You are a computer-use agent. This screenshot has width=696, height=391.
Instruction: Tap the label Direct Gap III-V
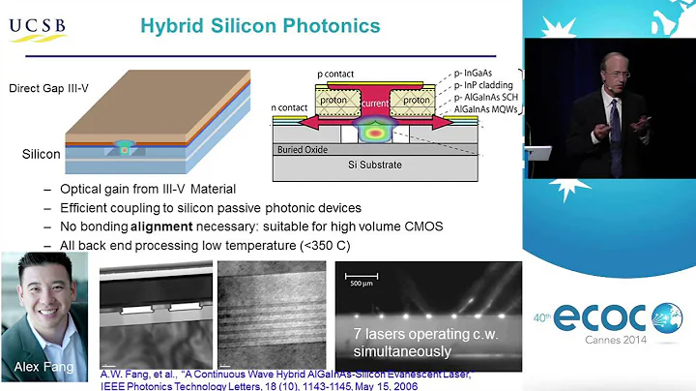(47, 88)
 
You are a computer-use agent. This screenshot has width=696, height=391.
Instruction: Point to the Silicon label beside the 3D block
(42, 154)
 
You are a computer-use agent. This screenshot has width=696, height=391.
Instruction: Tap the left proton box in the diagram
(333, 99)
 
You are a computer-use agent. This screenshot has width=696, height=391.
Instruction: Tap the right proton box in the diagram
(416, 99)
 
